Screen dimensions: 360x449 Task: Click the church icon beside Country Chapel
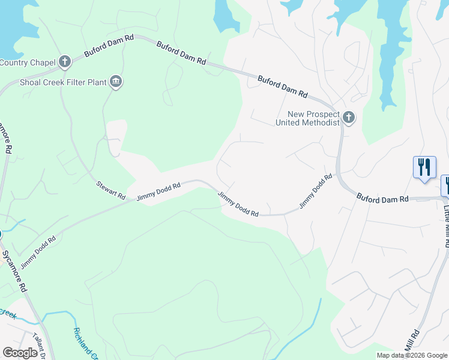tap(64, 62)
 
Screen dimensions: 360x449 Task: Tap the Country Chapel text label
tap(28, 62)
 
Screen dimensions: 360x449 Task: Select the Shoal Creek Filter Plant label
tap(62, 82)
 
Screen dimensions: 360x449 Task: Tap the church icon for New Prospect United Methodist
tap(349, 118)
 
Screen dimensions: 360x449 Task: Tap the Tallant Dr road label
tap(40, 346)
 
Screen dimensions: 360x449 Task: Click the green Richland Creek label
tap(84, 343)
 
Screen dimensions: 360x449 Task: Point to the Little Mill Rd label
tap(447, 226)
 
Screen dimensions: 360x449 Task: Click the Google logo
tap(20, 353)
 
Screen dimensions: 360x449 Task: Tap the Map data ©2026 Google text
tap(411, 355)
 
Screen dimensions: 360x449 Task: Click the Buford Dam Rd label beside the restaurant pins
tap(382, 197)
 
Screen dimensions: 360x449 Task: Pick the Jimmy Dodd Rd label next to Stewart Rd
tap(158, 192)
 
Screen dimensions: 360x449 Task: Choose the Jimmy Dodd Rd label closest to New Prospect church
tap(316, 191)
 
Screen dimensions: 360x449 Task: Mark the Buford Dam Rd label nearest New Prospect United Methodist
tap(283, 87)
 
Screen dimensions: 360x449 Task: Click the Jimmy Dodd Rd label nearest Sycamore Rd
tap(38, 251)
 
